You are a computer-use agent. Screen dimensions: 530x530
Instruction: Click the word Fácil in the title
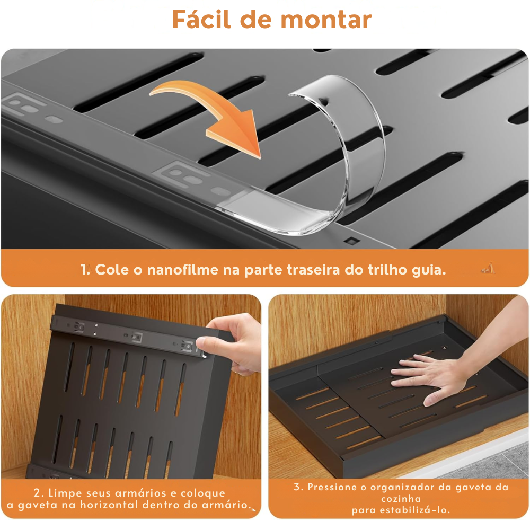(x=201, y=20)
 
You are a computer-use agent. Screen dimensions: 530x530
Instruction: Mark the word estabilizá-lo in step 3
(x=413, y=510)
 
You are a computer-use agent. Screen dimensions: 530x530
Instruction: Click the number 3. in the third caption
(x=298, y=487)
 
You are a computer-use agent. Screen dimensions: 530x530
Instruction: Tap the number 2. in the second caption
(x=38, y=493)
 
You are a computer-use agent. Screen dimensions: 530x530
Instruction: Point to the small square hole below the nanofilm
(x=350, y=241)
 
